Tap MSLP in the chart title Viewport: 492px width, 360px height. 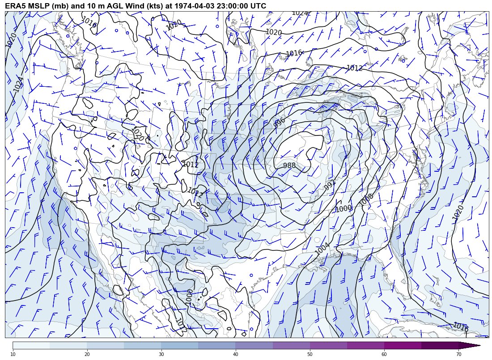point(39,6)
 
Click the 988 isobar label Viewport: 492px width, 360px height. point(289,165)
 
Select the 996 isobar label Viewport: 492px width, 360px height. point(280,123)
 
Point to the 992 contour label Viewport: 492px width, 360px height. point(330,185)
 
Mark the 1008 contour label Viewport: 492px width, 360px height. point(366,199)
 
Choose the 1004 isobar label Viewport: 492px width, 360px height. point(322,249)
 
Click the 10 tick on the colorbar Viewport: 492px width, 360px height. point(13,354)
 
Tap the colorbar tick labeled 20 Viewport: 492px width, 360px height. point(87,354)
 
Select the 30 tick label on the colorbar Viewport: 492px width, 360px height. point(161,354)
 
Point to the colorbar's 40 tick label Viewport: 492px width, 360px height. point(235,354)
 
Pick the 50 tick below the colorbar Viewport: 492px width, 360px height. point(310,354)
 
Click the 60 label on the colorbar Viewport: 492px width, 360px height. point(384,354)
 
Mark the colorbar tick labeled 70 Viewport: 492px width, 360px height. point(458,354)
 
